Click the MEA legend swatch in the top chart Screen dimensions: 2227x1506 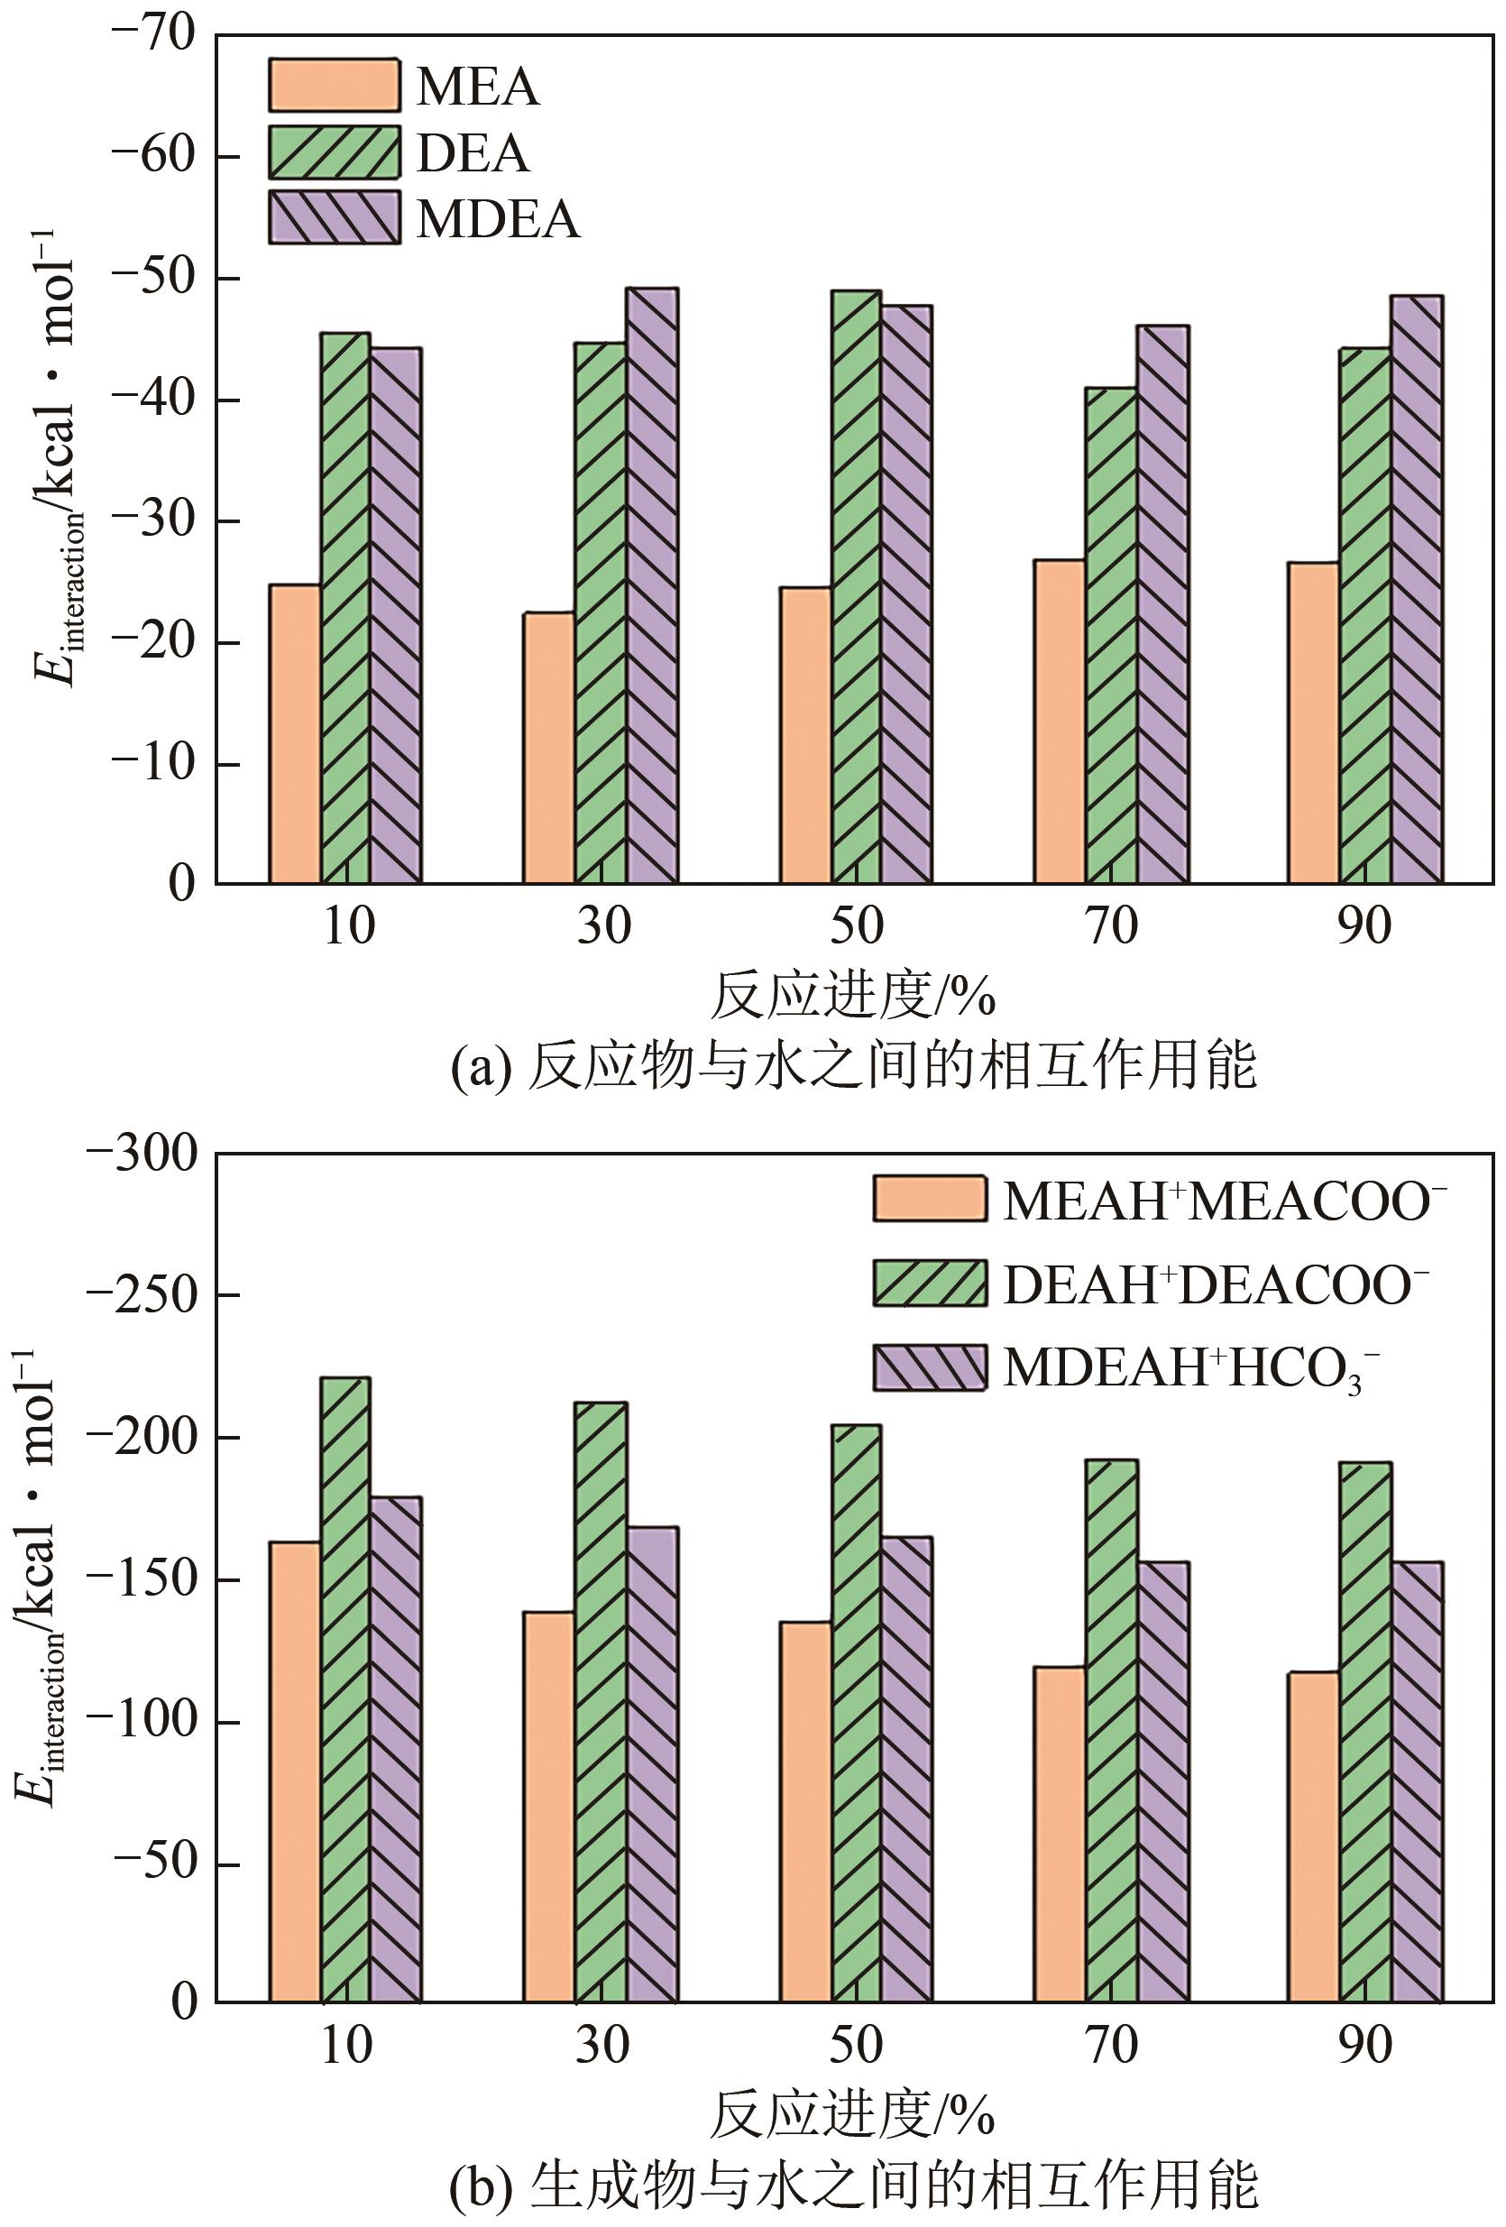click(x=334, y=87)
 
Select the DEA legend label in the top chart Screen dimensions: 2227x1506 click(x=473, y=153)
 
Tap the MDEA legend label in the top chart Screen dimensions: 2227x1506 click(x=497, y=219)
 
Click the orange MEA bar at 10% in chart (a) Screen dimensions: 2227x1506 click(x=295, y=733)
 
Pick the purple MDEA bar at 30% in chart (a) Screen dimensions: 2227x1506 click(x=651, y=584)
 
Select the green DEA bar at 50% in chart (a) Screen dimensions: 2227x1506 click(x=856, y=586)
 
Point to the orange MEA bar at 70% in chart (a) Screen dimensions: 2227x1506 click(x=1060, y=721)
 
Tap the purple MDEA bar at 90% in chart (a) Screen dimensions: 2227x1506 click(x=1416, y=589)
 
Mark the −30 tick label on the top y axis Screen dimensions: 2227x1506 click(x=153, y=521)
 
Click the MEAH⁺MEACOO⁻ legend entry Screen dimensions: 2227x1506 click(x=1159, y=1200)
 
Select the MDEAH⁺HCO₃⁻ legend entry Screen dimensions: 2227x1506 click(x=1125, y=1368)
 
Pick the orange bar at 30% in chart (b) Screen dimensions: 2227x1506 click(x=549, y=1807)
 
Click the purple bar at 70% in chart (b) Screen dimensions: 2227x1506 click(x=1162, y=1782)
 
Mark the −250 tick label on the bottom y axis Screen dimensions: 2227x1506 click(x=142, y=1295)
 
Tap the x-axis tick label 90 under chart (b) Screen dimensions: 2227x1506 click(x=1364, y=2046)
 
